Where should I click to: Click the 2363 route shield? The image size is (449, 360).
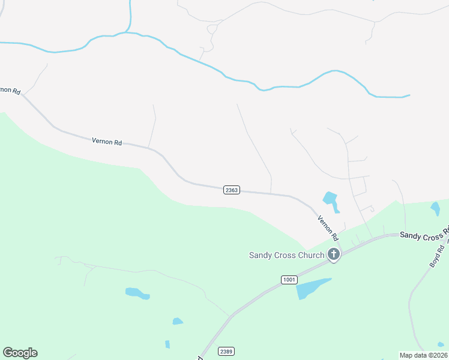[x=232, y=190]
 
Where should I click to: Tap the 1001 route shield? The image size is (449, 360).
[x=288, y=280]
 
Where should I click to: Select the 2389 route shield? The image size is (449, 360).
[x=226, y=352]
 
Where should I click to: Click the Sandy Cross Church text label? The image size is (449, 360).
[x=286, y=255]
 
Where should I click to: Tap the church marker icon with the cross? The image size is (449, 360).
[x=334, y=255]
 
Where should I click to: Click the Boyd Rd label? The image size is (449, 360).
[x=436, y=256]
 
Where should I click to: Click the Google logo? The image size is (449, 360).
[x=20, y=353]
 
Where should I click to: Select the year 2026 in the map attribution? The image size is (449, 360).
[x=438, y=355]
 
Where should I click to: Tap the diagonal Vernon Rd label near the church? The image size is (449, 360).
[x=328, y=228]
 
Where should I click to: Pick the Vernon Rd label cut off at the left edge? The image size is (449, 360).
[x=10, y=90]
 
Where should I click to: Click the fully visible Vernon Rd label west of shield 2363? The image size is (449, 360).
[x=107, y=142]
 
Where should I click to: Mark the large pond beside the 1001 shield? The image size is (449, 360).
[x=312, y=289]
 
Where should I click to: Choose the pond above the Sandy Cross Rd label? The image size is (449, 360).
[x=435, y=208]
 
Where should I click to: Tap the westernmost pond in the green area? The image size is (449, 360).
[x=137, y=293]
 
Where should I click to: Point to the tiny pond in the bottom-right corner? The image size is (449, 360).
[x=441, y=344]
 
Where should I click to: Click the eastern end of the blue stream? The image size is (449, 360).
[x=409, y=95]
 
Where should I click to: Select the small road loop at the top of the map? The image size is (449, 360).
[x=212, y=29]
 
